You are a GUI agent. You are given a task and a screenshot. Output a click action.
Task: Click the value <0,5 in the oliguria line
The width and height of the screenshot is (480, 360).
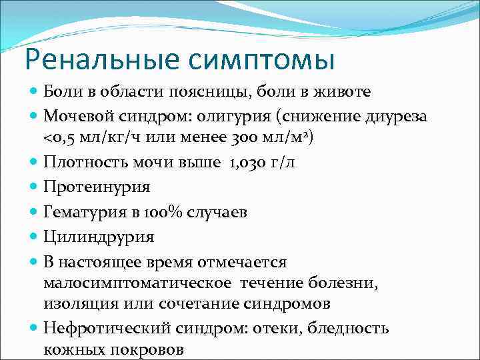pyautogui.click(x=59, y=137)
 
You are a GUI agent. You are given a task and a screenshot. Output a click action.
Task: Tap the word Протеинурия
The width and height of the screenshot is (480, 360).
pyautogui.click(x=97, y=187)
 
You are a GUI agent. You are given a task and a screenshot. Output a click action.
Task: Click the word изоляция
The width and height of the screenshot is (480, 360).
pyautogui.click(x=79, y=303)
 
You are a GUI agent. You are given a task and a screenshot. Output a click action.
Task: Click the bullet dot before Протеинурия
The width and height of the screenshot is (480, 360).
pyautogui.click(x=34, y=187)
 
